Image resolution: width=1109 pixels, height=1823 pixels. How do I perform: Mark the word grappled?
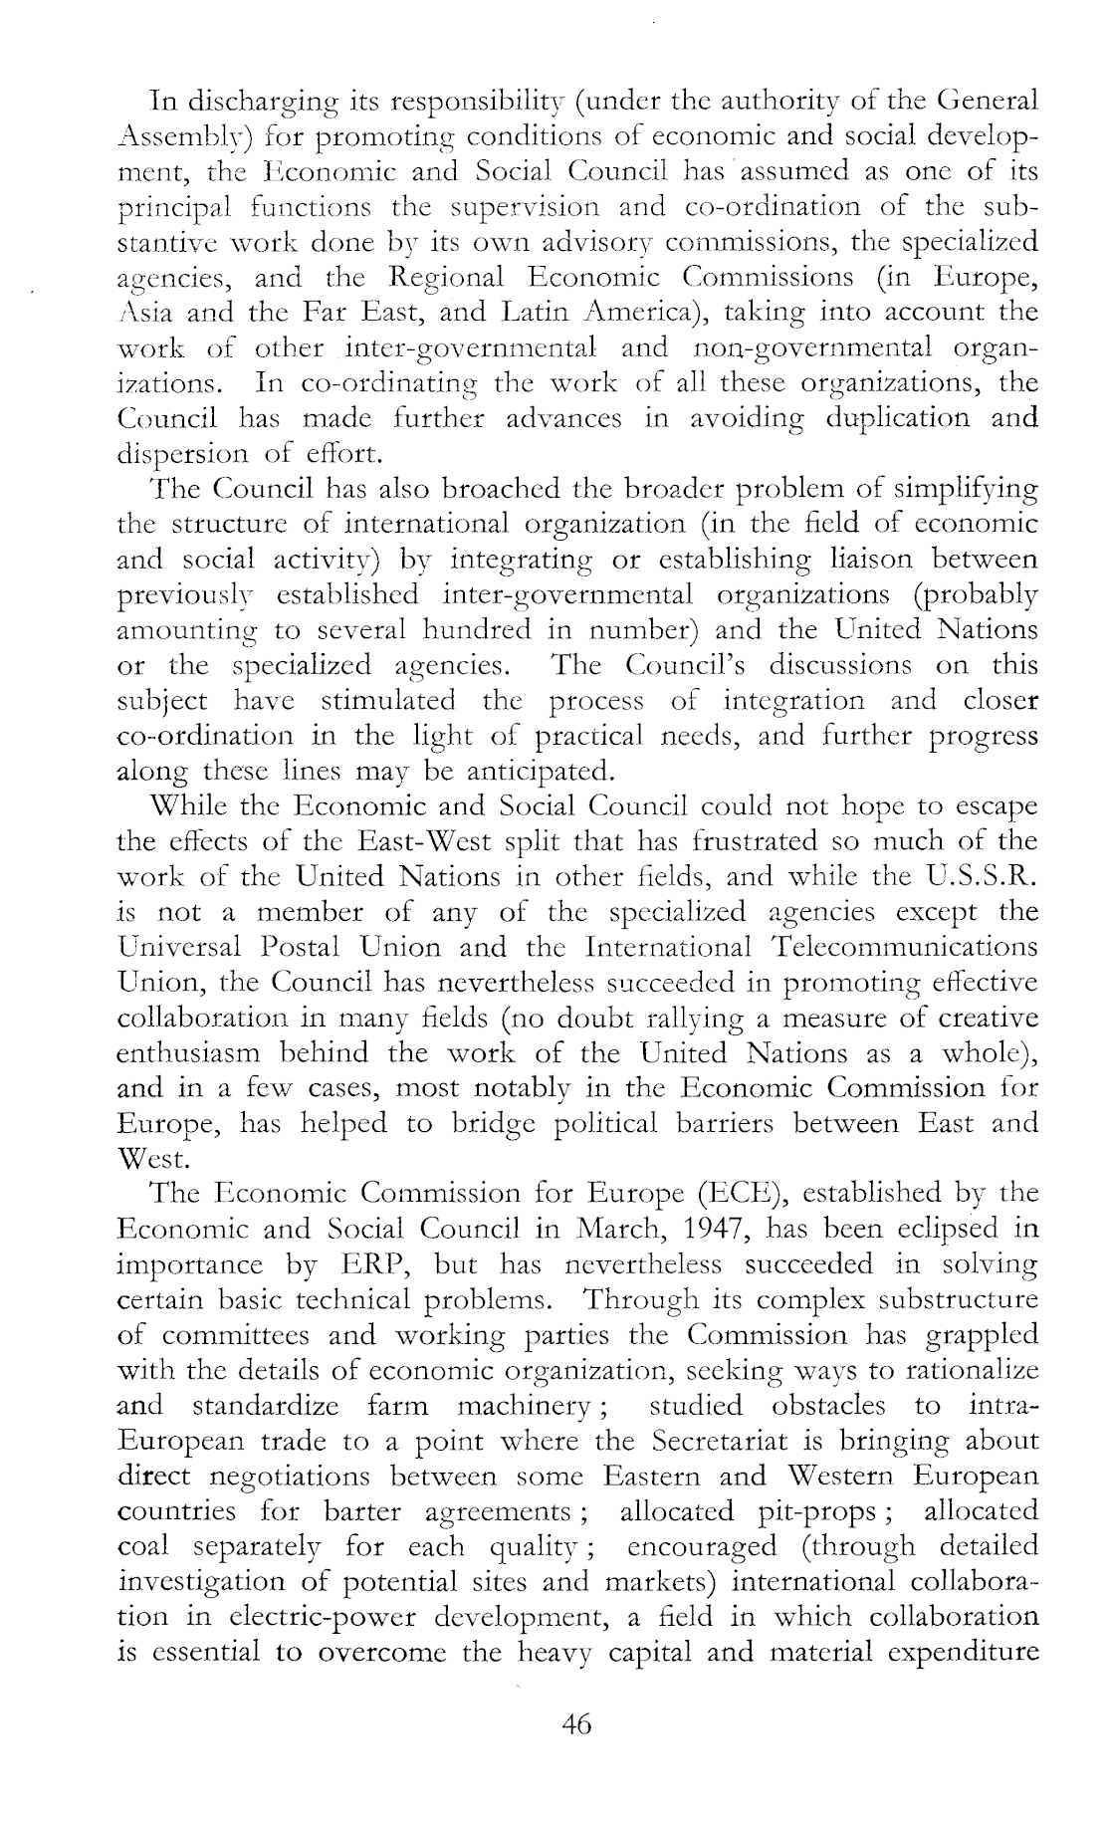(x=978, y=1335)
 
